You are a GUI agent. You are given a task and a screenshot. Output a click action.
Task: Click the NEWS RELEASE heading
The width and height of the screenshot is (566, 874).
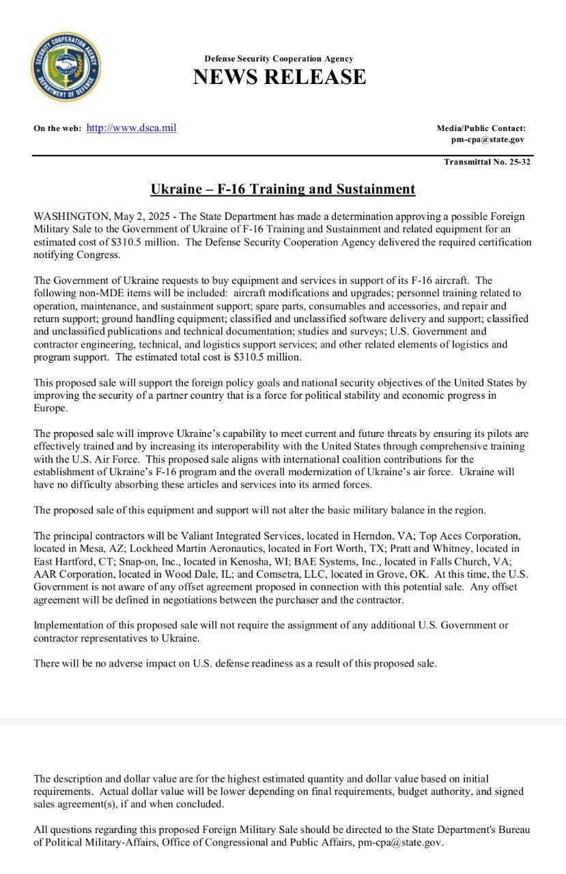279,77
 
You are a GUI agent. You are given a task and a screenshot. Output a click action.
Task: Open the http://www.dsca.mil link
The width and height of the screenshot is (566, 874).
131,128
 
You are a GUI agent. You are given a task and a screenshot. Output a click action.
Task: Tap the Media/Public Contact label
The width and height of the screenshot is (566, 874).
481,128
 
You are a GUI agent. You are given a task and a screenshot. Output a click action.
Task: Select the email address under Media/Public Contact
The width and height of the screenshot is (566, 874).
487,139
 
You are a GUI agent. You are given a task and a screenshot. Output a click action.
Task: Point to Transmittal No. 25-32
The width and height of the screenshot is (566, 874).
487,163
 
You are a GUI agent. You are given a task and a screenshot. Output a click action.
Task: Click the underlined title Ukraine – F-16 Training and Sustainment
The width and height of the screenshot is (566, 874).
283,188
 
